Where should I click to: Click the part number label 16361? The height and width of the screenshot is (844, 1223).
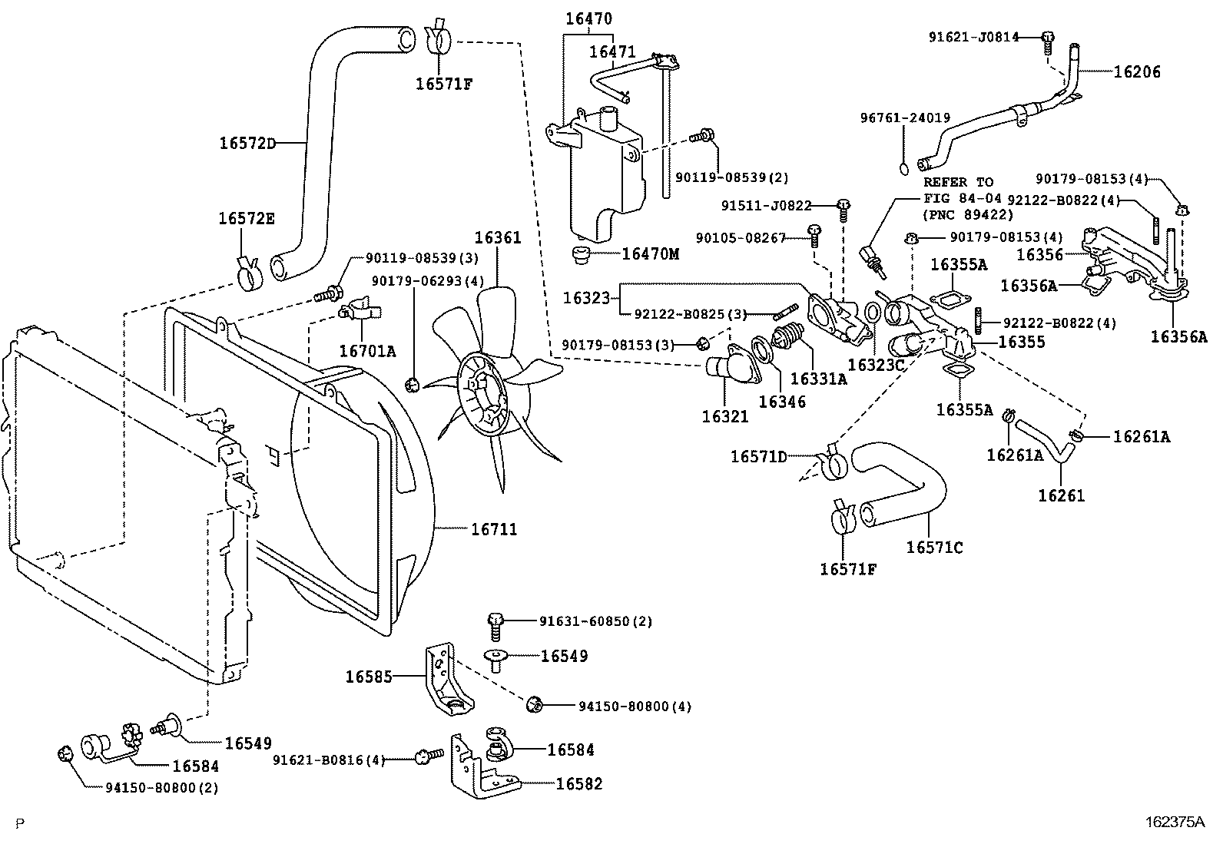click(x=497, y=238)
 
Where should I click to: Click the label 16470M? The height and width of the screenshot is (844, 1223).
click(x=650, y=253)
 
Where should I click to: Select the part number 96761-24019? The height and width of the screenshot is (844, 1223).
click(x=905, y=118)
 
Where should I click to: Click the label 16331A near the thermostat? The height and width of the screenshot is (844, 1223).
click(x=818, y=379)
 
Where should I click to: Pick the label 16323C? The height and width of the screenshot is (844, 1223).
click(x=877, y=365)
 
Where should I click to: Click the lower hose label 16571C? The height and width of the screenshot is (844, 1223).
click(x=934, y=547)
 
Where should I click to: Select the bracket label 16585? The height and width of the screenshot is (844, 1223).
click(x=369, y=677)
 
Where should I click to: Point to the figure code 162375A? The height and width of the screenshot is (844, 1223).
click(x=1175, y=822)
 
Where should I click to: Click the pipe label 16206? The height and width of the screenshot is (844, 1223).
click(x=1137, y=72)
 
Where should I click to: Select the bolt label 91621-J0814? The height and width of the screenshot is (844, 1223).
click(x=973, y=36)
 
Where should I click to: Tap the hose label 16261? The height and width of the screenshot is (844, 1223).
click(x=1061, y=495)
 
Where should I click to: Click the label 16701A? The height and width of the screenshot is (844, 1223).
click(x=367, y=351)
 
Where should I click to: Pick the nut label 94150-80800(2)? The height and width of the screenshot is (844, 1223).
click(x=161, y=788)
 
